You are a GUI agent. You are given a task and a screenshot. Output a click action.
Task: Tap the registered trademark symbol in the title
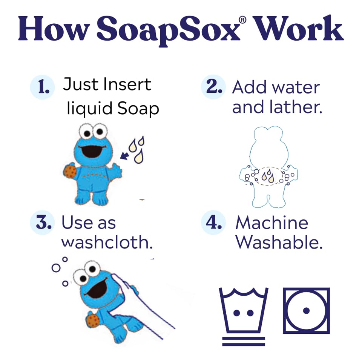[x=242, y=20]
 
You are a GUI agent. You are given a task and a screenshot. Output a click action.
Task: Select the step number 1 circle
[x=43, y=87]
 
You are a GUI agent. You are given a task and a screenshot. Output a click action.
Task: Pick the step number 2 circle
[x=213, y=87]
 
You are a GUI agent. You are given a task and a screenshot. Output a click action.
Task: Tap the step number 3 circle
[x=43, y=222]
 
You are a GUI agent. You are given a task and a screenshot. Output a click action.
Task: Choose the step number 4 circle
[x=213, y=222]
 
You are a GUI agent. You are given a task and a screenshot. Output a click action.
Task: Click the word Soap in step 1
[x=138, y=108]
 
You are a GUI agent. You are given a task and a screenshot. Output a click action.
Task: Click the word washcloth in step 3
[x=107, y=242]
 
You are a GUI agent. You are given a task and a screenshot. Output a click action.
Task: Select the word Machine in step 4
[x=272, y=222]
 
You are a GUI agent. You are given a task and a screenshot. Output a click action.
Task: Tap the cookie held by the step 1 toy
[x=70, y=171]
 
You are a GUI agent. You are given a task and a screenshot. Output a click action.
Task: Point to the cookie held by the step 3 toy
[x=93, y=320]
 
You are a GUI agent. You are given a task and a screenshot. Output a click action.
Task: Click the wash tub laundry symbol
[x=243, y=310]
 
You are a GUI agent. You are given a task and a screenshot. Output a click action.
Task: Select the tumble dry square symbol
[x=306, y=310]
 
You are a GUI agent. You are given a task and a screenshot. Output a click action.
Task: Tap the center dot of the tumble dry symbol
[x=306, y=311]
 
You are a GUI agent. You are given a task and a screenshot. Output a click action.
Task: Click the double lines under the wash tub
[x=244, y=341]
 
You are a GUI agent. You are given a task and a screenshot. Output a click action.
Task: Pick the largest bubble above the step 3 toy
[x=56, y=268]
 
